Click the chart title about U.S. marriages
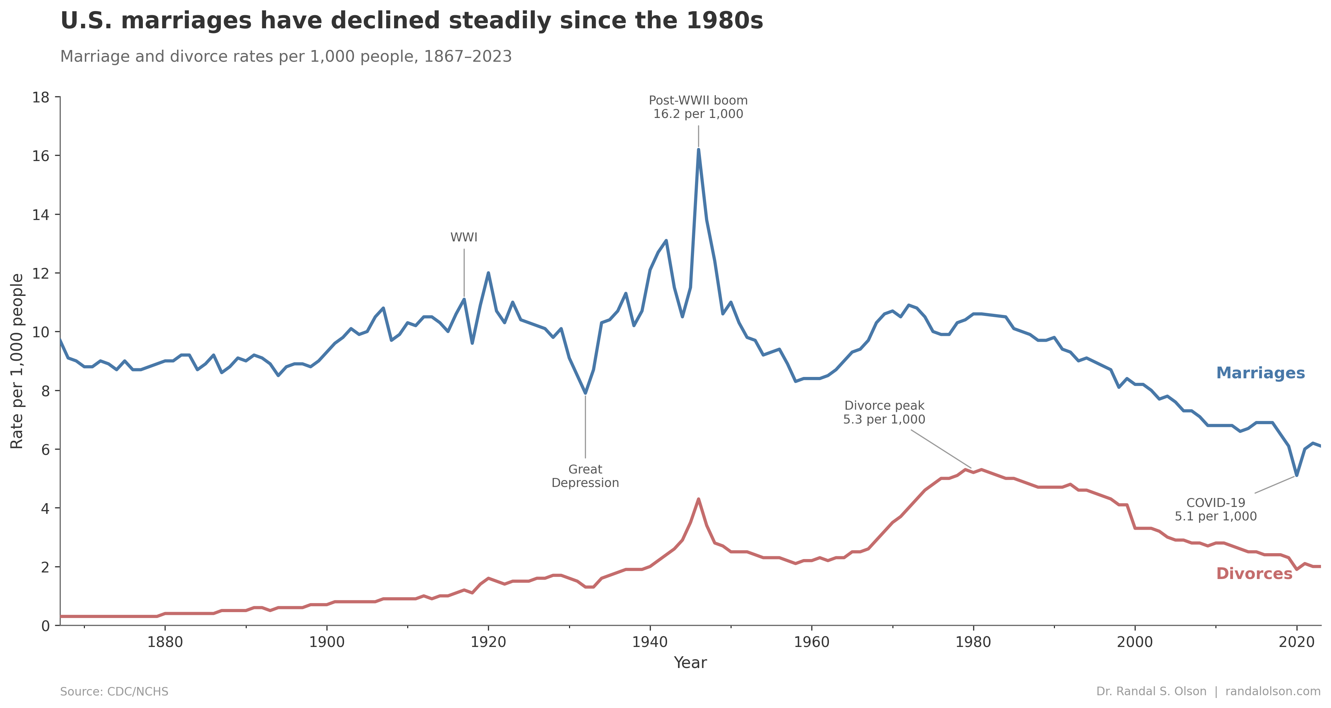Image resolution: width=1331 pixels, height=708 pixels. click(411, 21)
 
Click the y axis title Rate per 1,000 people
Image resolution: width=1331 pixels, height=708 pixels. click(17, 361)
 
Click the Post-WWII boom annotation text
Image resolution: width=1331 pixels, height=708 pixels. click(698, 107)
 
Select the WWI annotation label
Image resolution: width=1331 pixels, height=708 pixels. click(463, 238)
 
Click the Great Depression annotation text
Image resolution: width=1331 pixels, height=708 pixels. click(585, 476)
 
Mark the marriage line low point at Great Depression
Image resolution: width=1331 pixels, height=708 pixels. click(585, 393)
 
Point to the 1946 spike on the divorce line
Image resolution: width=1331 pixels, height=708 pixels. click(698, 499)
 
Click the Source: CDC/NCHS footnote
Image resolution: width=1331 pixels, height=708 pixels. click(114, 691)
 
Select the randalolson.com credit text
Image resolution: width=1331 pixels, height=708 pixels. click(1273, 691)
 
